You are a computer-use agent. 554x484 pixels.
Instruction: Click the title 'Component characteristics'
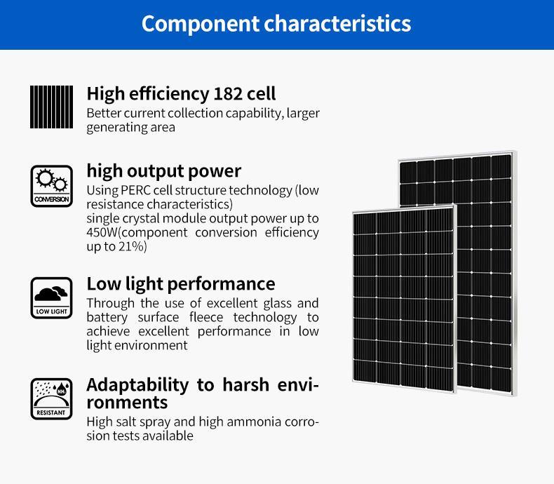pyautogui.click(x=276, y=24)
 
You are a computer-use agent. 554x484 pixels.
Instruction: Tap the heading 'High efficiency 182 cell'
pyautogui.click(x=181, y=94)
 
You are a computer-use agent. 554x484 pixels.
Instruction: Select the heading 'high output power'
pyautogui.click(x=163, y=171)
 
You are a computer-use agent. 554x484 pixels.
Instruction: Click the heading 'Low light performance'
pyautogui.click(x=181, y=284)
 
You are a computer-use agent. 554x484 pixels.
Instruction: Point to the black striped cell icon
pyautogui.click(x=51, y=107)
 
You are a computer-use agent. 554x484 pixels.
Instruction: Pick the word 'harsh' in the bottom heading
pyautogui.click(x=253, y=385)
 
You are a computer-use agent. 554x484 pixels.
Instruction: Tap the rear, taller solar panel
pyautogui.click(x=484, y=231)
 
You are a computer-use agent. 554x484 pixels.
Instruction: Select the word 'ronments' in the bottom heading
pyautogui.click(x=127, y=403)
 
